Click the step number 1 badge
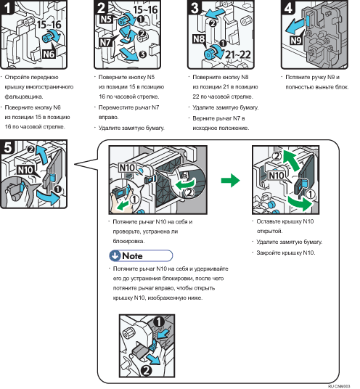tap(7, 7)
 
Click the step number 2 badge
tap(101, 7)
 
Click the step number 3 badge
tap(195, 7)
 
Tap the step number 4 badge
tap(288, 7)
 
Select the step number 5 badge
tap(7, 147)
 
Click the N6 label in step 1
tap(49, 54)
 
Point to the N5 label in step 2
tap(106, 19)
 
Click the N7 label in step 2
tap(105, 42)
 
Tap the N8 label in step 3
tap(199, 39)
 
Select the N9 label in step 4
tap(296, 40)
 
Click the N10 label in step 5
tap(25, 170)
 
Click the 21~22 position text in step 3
tap(238, 54)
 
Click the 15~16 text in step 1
tap(49, 25)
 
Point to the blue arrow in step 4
tap(295, 27)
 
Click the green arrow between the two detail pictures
tap(231, 181)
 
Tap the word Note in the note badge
tap(132, 255)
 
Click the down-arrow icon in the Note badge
tap(115, 255)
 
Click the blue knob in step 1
tap(47, 38)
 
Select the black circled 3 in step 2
tap(143, 54)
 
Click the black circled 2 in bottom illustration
tap(147, 371)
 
